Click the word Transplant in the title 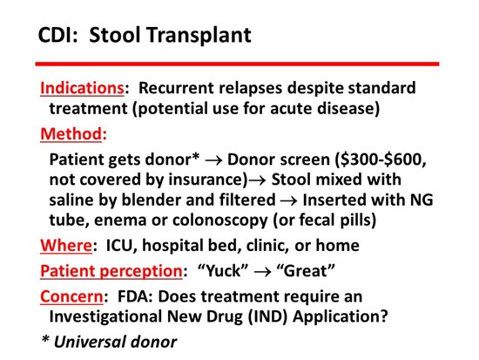(x=199, y=35)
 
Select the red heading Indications (x=82, y=88)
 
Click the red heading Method (x=71, y=133)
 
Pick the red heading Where (x=66, y=245)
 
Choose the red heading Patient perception (x=111, y=271)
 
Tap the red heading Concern (x=71, y=296)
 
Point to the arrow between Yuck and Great (x=262, y=272)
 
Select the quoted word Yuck (x=223, y=271)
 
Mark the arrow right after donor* (x=214, y=160)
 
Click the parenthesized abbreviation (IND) (x=267, y=316)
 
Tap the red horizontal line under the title (x=237, y=64)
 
